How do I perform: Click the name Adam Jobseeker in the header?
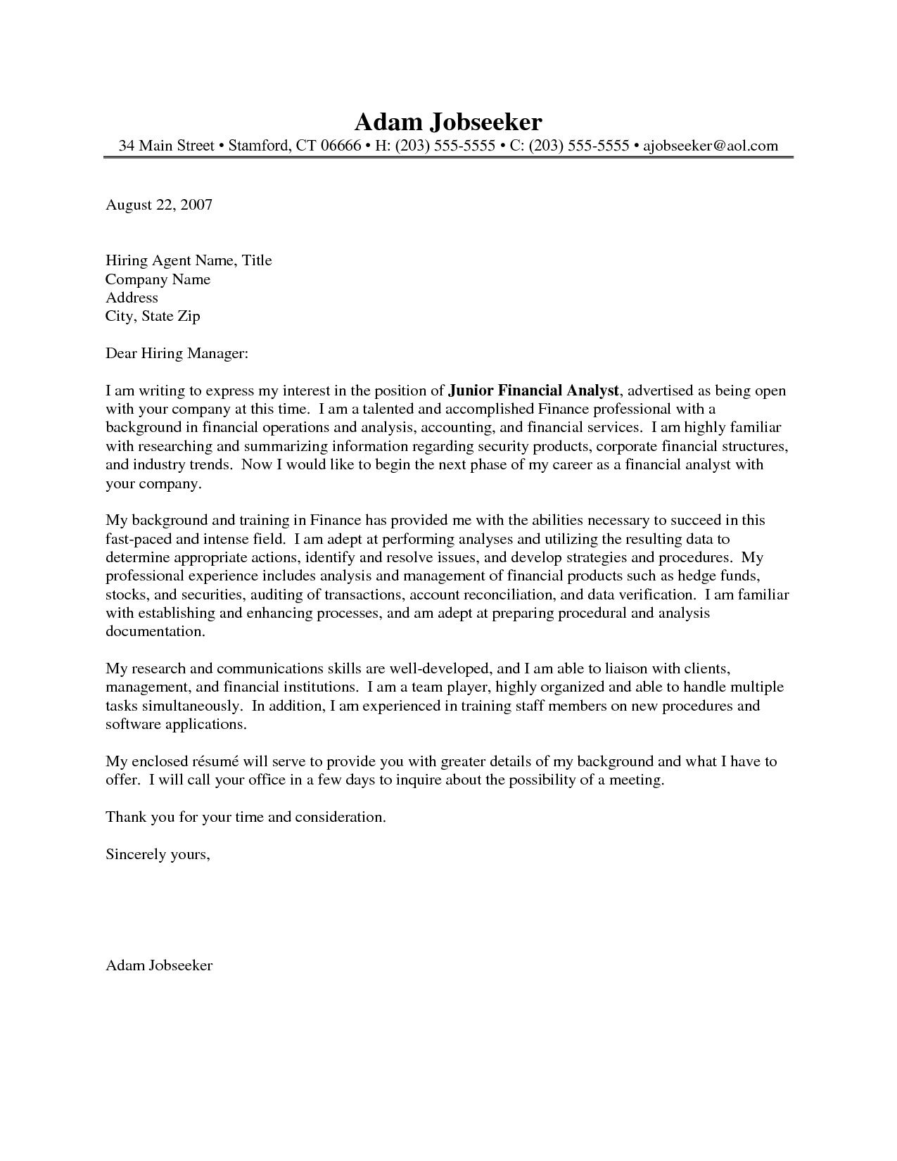coord(448,122)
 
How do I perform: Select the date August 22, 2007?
coord(158,205)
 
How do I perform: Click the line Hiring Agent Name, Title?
coord(189,261)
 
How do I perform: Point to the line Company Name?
coord(158,279)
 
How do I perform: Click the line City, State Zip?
coord(153,316)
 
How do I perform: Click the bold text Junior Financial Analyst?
coord(533,391)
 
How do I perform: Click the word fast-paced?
coord(139,540)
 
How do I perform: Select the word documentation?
coord(155,631)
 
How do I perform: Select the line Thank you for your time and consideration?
coord(246,817)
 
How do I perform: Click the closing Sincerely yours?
coord(158,854)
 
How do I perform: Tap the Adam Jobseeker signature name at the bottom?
coord(158,965)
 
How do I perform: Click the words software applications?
coord(176,723)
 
